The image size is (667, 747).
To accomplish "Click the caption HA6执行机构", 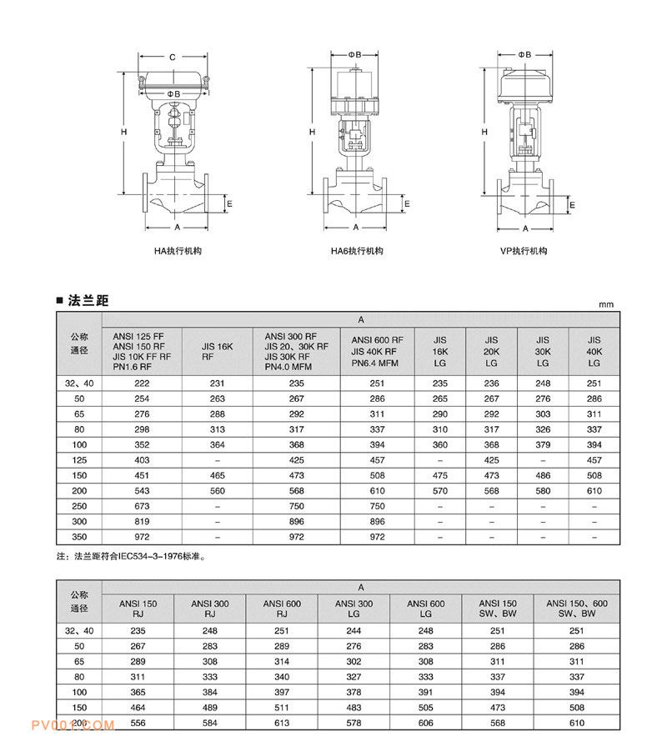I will pyautogui.click(x=356, y=251).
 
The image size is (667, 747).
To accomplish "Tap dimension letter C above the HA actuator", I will pyautogui.click(x=172, y=58).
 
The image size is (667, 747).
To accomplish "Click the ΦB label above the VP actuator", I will pyautogui.click(x=524, y=54).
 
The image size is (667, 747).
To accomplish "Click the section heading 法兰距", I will pyautogui.click(x=91, y=301).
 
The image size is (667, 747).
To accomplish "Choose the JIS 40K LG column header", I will pyautogui.click(x=594, y=352).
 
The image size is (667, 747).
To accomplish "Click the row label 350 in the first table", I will pyautogui.click(x=80, y=537).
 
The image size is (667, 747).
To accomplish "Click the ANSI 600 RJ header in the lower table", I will pyautogui.click(x=283, y=608).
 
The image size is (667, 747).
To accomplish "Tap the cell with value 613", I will pyautogui.click(x=283, y=721).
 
